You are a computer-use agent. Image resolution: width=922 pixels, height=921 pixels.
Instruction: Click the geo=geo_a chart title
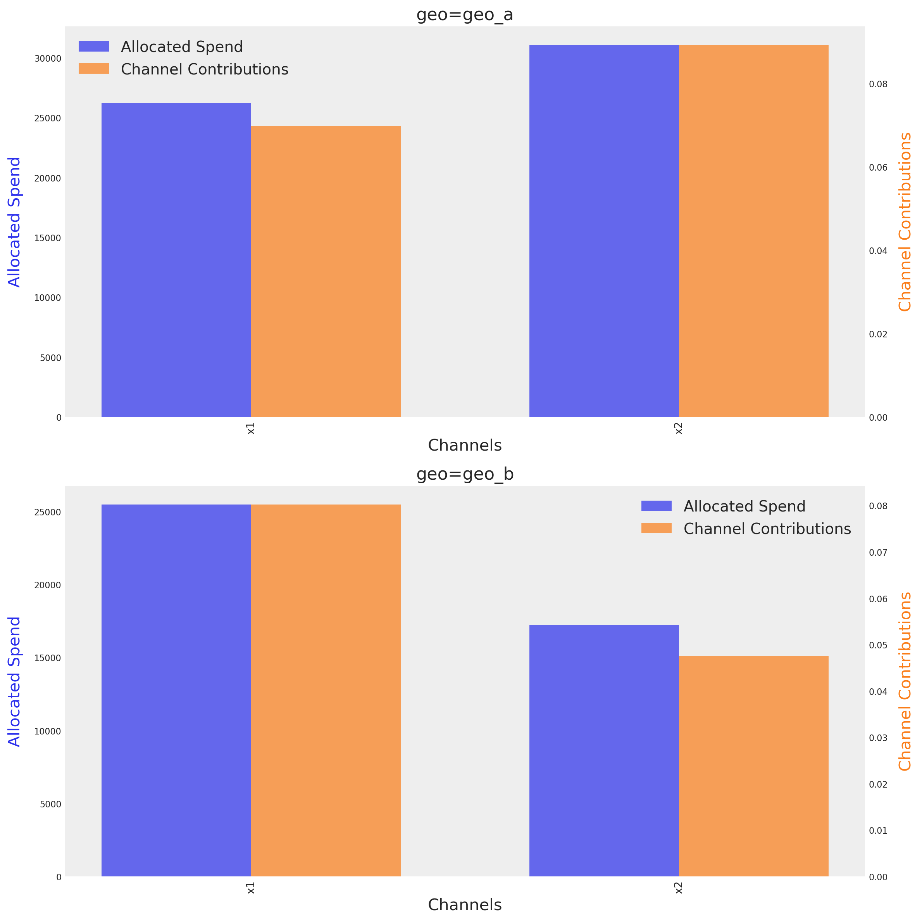click(464, 15)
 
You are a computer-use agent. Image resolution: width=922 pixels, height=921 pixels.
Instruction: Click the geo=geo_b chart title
click(464, 474)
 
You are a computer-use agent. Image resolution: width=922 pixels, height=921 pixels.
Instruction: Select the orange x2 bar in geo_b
click(753, 766)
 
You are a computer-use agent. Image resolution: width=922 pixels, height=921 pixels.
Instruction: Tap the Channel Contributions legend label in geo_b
click(767, 529)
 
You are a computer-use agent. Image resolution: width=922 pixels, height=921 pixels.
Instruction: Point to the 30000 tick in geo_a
click(48, 59)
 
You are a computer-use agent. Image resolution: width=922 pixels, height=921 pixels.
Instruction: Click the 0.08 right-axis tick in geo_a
click(878, 85)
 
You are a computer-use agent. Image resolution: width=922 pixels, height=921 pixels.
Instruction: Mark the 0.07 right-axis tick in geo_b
click(878, 553)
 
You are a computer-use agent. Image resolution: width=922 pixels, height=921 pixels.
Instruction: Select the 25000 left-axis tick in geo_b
click(48, 512)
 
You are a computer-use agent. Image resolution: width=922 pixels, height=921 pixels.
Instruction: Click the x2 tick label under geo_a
click(679, 428)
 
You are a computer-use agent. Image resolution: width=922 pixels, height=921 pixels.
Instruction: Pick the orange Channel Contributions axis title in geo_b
click(905, 681)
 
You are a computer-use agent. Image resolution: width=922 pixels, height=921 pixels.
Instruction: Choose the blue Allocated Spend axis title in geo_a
click(14, 222)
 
